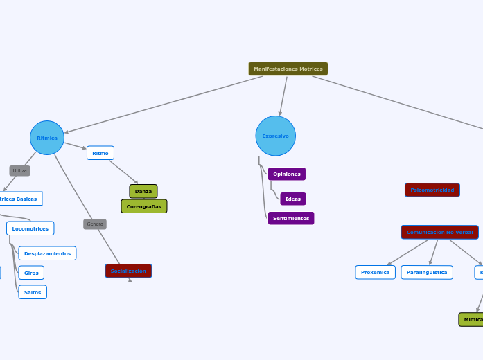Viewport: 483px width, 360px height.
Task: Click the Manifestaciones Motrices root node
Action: pos(288,69)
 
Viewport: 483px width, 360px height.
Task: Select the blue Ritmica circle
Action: pos(47,138)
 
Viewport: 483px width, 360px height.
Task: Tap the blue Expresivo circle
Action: pos(276,136)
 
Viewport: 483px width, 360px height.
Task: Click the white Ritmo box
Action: pos(100,153)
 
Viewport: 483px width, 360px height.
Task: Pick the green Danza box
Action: pos(143,191)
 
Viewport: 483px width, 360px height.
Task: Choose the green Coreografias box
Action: pos(144,206)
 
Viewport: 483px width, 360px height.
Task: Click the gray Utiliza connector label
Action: pos(20,170)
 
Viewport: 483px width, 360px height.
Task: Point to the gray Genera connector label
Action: pos(95,224)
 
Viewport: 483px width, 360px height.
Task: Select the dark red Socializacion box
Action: pos(128,271)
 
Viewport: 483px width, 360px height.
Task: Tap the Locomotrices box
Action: pos(30,228)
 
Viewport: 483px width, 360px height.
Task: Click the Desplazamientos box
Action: pos(48,253)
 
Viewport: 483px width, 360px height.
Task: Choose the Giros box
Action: pos(32,273)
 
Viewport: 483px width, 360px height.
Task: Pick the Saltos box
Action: pos(33,292)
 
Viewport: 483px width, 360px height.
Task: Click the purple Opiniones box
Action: pos(287,174)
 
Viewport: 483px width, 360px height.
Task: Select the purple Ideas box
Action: pos(293,199)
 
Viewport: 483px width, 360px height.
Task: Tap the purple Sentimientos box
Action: pos(291,218)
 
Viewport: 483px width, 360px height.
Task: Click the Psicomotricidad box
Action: pos(432,190)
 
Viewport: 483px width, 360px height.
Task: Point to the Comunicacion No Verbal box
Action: pos(439,232)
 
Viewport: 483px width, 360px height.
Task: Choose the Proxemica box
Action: pos(376,272)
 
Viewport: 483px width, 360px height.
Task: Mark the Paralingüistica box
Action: pos(427,272)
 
